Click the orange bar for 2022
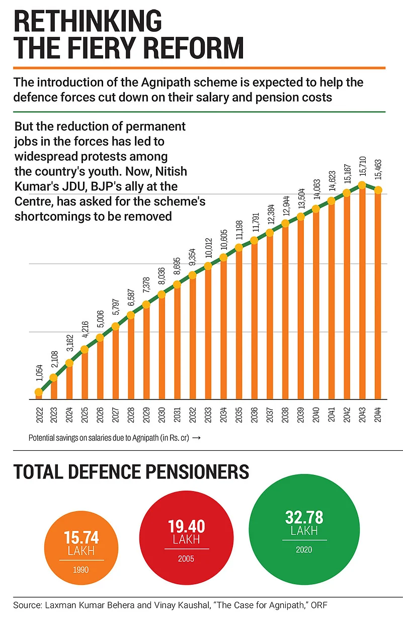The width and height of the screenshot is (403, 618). tap(38, 395)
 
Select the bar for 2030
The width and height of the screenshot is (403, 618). tap(162, 348)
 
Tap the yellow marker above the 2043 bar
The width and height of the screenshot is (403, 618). tap(362, 185)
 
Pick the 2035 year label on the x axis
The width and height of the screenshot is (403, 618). tap(239, 417)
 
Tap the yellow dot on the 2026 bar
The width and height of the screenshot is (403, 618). tap(100, 337)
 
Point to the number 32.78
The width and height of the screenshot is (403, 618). tap(304, 517)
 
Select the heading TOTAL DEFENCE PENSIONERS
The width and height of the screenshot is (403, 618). tap(131, 472)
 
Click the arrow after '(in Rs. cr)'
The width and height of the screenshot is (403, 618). tap(197, 438)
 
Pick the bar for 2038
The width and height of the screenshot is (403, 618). tap(285, 312)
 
